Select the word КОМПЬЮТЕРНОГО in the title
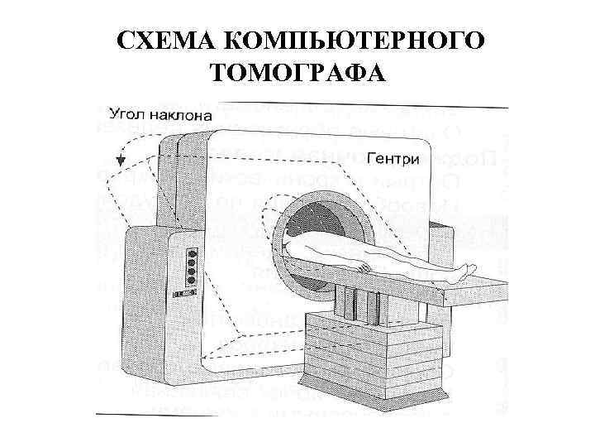pyautogui.click(x=353, y=41)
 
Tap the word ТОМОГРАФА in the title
pyautogui.click(x=297, y=74)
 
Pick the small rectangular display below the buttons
pyautogui.click(x=184, y=294)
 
